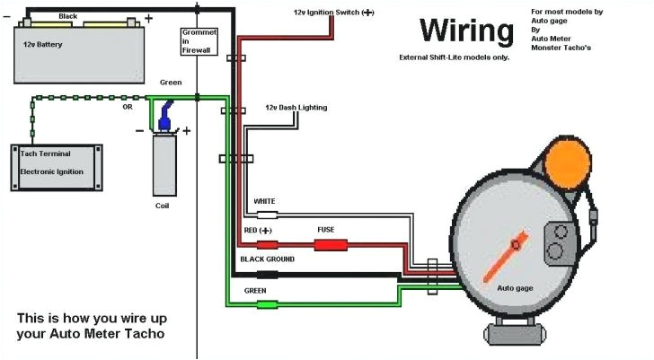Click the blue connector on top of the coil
tap(165, 120)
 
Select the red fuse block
tap(331, 244)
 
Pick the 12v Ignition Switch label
tap(333, 13)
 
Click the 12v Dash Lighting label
tap(296, 108)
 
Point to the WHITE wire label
tap(264, 201)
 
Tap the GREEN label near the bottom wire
tap(255, 291)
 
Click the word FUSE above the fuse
tap(325, 229)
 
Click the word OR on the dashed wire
tap(128, 107)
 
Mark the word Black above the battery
tap(67, 16)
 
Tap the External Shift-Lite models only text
tap(454, 57)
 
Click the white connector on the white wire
tap(267, 215)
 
